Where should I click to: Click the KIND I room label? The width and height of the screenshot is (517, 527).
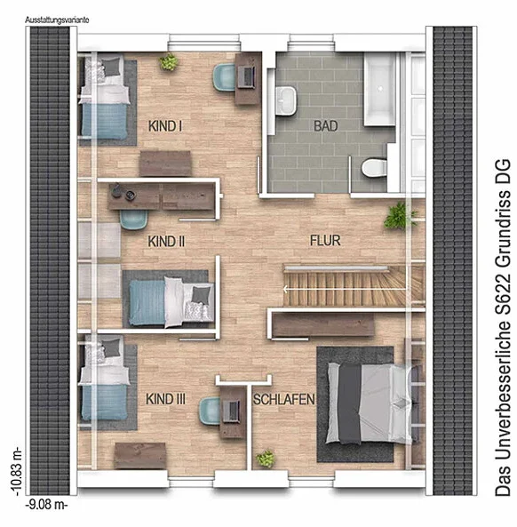pos(165,126)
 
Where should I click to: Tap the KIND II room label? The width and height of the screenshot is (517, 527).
pos(166,242)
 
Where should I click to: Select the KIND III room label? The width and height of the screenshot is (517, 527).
pos(165,399)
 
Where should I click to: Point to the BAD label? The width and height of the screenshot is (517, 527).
pos(325,126)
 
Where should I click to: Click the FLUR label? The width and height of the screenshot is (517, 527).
pos(325,241)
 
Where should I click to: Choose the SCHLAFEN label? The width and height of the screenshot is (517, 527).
pos(284,399)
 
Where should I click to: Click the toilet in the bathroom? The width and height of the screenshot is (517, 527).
pos(374,167)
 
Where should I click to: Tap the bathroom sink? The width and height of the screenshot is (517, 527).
pos(286,100)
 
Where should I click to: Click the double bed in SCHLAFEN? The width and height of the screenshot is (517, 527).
pos(370,403)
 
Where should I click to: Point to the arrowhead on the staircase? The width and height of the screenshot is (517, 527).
pos(285,289)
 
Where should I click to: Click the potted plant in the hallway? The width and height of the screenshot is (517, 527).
pos(399,215)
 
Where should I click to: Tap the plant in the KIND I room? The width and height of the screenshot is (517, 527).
pos(168,62)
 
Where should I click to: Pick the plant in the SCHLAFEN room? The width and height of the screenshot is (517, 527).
pos(266,459)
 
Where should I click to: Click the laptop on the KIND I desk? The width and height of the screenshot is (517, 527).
pos(248,76)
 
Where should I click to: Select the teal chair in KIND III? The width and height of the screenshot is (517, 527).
pos(211,411)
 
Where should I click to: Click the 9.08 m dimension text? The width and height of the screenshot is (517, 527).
pos(47,505)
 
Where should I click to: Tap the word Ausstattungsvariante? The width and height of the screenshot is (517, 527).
pos(57,20)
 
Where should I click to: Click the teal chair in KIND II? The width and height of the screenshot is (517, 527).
pos(134,220)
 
